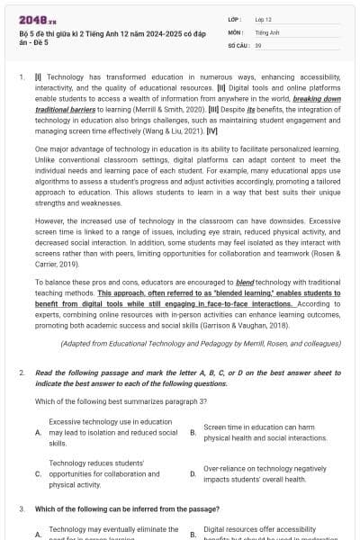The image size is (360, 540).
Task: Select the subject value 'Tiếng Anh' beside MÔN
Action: click(x=267, y=31)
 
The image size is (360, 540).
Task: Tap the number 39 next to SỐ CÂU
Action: click(x=258, y=43)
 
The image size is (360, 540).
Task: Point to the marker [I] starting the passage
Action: click(x=37, y=78)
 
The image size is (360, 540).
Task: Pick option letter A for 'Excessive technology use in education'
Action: click(x=38, y=433)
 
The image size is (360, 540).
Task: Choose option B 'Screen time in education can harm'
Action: click(x=193, y=433)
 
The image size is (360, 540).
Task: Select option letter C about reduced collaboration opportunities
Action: click(x=38, y=472)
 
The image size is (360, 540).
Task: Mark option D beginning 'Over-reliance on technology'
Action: click(x=193, y=472)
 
